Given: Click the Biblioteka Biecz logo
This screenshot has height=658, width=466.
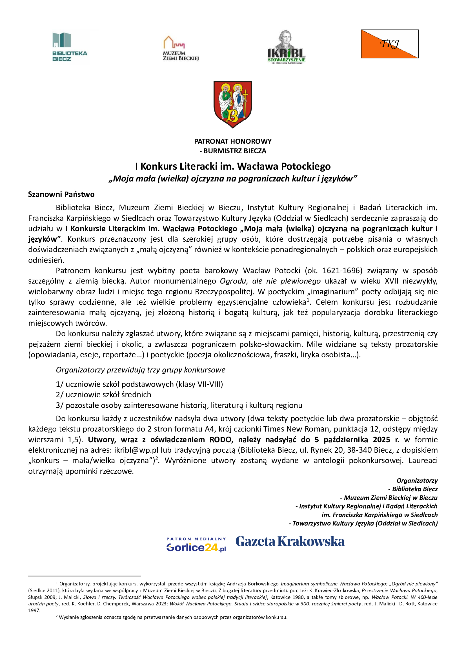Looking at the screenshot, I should [70, 47].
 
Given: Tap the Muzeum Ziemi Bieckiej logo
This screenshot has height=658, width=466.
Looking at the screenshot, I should [181, 48].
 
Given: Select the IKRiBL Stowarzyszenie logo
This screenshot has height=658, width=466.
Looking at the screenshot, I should [286, 47].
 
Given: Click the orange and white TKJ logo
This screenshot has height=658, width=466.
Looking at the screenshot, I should [389, 44].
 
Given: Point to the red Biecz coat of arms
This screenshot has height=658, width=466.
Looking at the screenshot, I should [233, 104].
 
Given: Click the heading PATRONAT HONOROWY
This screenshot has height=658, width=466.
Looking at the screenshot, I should [233, 141].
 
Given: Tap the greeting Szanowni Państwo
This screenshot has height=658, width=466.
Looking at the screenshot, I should [61, 194].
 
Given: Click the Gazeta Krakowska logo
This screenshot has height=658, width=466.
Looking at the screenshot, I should [290, 542].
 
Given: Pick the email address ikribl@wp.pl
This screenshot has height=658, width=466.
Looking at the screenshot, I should [136, 450].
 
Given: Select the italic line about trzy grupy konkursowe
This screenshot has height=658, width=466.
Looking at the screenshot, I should [141, 370].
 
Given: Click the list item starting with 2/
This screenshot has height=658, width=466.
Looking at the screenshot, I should [104, 395].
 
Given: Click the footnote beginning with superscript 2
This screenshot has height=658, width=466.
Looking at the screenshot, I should [172, 617].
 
